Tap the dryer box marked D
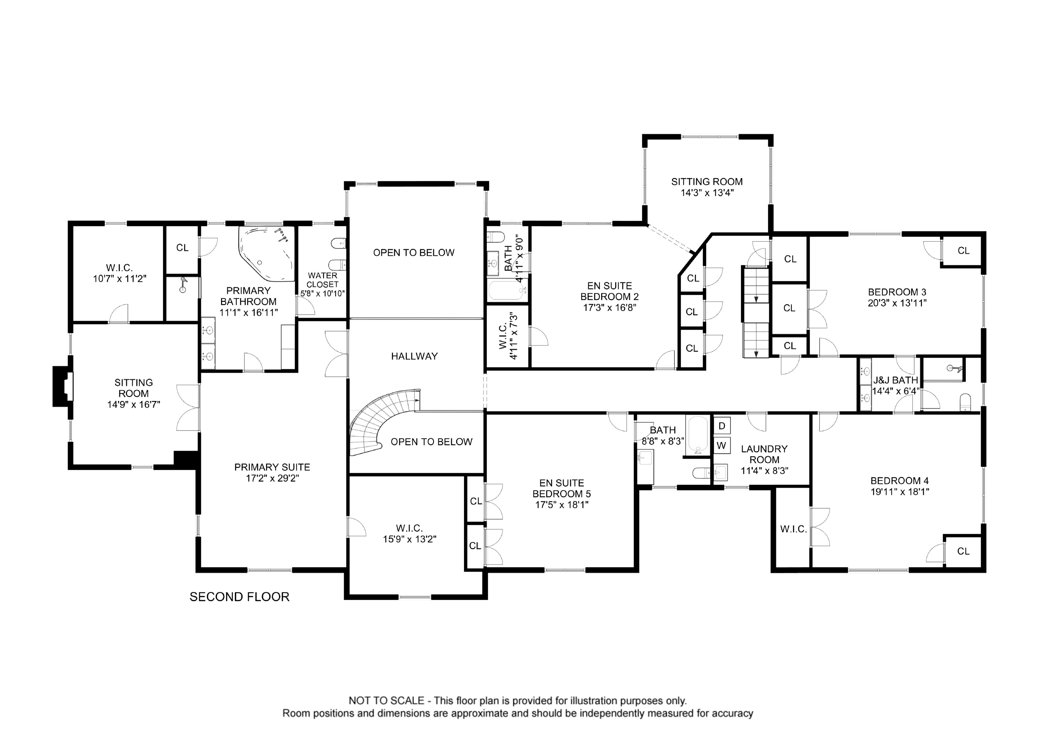tap(722, 426)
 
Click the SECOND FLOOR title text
tap(239, 597)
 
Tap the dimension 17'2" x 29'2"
tap(272, 478)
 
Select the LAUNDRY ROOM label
tap(764, 454)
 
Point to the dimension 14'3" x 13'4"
tap(707, 193)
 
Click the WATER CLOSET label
tap(322, 280)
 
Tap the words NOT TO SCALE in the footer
tap(386, 701)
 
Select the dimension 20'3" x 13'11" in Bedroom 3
tap(897, 303)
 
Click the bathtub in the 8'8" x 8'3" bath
tap(697, 436)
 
